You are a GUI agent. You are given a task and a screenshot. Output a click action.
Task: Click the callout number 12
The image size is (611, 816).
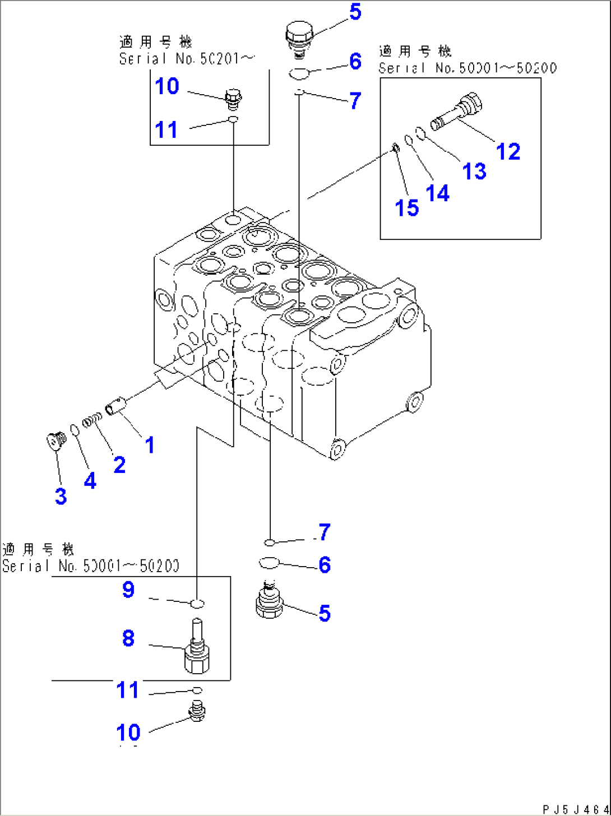coord(508,151)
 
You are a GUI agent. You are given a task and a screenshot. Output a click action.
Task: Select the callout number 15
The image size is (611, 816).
coord(407,207)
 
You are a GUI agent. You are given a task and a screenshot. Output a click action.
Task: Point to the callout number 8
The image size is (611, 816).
coord(128,638)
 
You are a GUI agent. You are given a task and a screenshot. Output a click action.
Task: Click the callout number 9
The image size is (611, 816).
coord(128,590)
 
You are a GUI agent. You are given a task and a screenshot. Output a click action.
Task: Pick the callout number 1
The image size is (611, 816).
coord(149,445)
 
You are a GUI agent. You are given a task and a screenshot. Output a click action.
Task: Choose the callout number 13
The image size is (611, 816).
coord(474,170)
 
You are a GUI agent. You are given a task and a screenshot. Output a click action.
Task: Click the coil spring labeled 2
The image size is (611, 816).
coord(92,420)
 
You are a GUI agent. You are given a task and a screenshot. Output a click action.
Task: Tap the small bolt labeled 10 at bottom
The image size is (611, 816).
coord(196,710)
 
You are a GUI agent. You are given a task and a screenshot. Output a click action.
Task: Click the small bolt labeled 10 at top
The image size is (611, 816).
coord(232,98)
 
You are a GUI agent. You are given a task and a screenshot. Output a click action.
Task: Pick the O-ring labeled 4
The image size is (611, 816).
coord(74,430)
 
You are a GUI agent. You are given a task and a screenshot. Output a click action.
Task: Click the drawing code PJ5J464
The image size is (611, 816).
coord(574,809)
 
